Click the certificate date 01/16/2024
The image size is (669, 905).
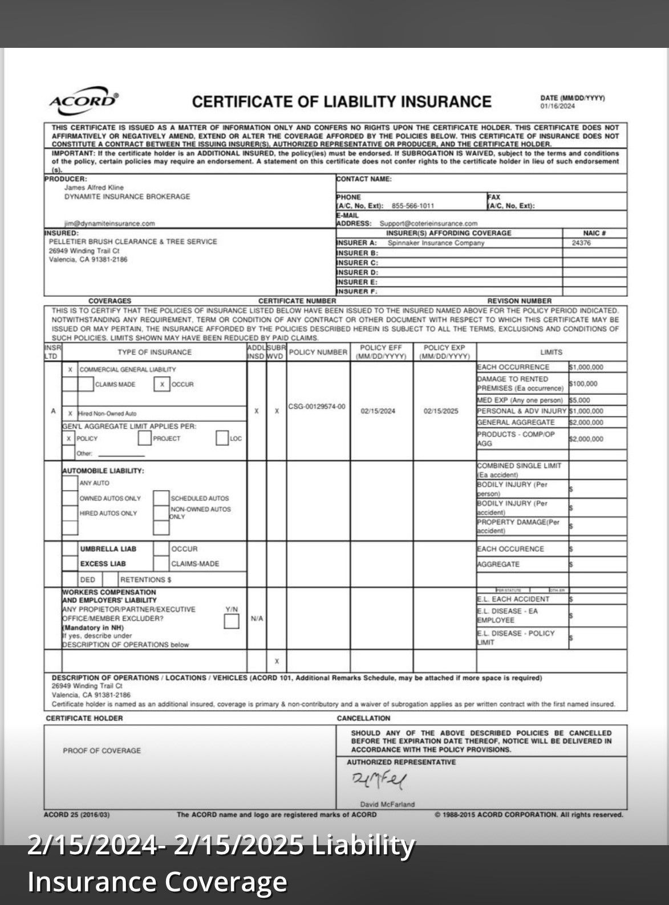click(557, 106)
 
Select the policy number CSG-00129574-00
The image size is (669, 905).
click(317, 406)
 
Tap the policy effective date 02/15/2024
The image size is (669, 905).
click(378, 411)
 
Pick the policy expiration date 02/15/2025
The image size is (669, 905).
click(441, 411)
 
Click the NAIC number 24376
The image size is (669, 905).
click(581, 243)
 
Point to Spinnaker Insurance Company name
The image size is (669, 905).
click(436, 243)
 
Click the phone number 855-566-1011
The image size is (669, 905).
click(413, 206)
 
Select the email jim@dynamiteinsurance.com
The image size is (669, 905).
click(110, 223)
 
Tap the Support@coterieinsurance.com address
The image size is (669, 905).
click(428, 223)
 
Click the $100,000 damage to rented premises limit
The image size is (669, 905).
click(583, 384)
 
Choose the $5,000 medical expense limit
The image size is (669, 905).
click(580, 400)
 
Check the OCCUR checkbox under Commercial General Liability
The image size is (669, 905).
click(162, 384)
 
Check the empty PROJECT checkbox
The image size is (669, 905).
click(144, 438)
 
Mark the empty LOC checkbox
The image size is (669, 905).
click(222, 438)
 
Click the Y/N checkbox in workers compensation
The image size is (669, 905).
click(232, 622)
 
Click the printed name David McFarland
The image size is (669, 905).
click(387, 804)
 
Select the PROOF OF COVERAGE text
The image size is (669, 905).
click(102, 751)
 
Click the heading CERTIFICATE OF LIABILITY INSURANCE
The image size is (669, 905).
click(341, 102)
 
